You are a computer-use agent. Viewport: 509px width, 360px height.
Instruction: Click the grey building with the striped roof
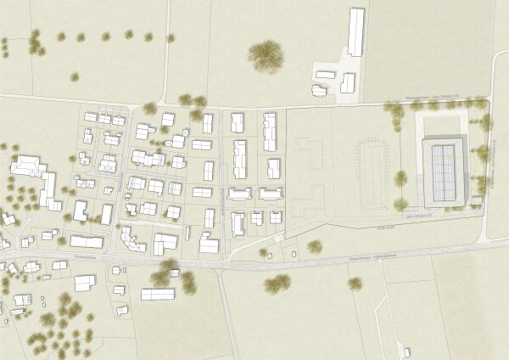(x=445, y=170)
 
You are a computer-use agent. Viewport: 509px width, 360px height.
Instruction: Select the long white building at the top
(x=356, y=31)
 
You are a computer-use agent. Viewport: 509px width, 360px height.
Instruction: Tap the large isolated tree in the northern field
(x=266, y=55)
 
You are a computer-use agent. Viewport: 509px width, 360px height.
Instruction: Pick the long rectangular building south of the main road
(x=158, y=295)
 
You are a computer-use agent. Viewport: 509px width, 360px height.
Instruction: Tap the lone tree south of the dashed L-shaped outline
(x=315, y=246)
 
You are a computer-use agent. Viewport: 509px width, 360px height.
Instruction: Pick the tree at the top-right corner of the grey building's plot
(x=486, y=121)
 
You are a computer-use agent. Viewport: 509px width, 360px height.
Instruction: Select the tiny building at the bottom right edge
(x=408, y=351)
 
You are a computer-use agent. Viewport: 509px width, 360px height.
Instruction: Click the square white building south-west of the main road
(x=84, y=282)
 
